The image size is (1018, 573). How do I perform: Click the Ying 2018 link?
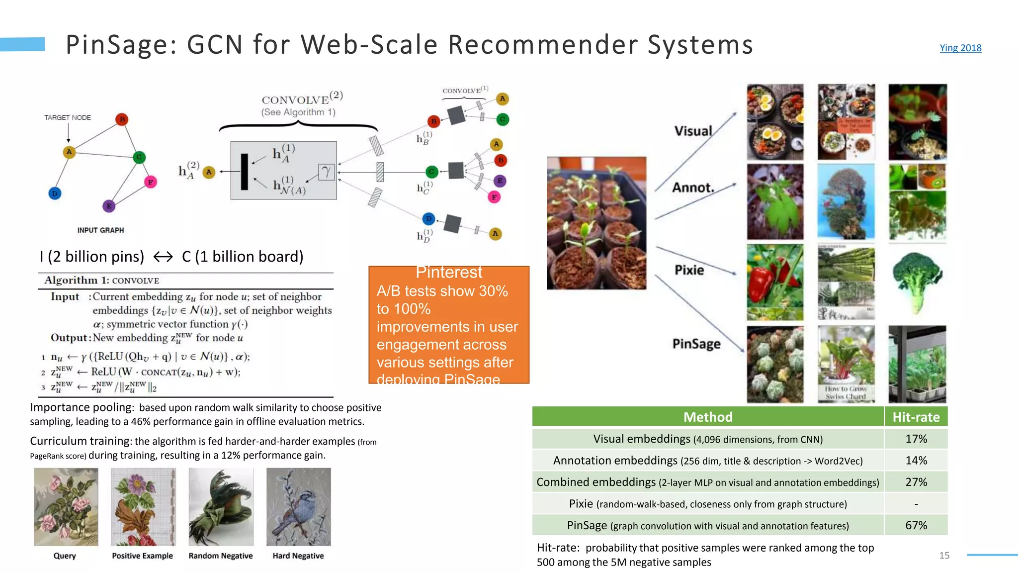960,48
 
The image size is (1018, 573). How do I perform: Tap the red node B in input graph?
122,119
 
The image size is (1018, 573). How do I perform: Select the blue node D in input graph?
55,193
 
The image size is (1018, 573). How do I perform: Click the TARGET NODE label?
68,117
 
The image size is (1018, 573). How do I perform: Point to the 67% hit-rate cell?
916,525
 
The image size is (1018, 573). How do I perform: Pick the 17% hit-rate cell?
916,439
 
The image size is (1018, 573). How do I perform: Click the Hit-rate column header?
916,417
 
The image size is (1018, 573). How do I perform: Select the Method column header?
707,417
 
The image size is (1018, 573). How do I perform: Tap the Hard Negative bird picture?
298,506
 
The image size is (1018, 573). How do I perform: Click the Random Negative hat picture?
221,506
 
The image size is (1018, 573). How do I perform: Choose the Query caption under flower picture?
65,556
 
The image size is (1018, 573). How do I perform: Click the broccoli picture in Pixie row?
917,282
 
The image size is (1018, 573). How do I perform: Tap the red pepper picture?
774,282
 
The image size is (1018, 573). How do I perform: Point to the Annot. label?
693,188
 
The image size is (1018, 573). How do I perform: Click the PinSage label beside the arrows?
696,344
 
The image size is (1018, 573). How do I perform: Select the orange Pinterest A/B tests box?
448,324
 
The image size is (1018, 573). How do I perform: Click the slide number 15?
944,555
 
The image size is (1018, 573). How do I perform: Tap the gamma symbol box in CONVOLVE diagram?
326,172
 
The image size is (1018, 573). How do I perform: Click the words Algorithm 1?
77,280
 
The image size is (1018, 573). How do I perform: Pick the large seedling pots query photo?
596,223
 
